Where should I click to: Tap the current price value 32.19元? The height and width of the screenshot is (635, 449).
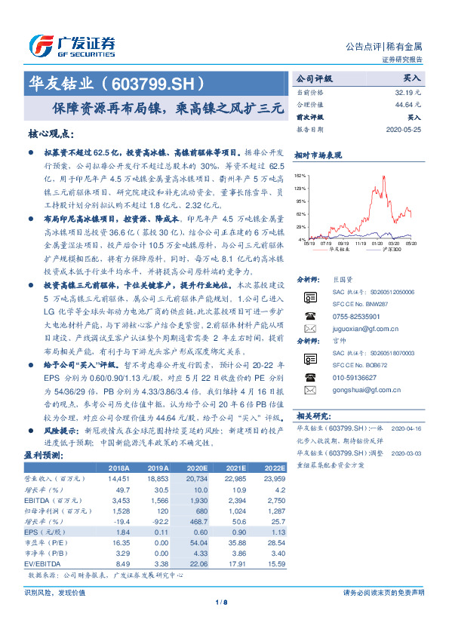tap(407, 91)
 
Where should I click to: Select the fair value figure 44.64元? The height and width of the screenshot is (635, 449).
tap(407, 105)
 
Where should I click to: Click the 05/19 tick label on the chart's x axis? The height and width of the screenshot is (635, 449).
tap(309, 244)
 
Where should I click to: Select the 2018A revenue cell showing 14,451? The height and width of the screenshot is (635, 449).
tap(120, 478)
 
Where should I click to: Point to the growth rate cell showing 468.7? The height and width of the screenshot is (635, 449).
tap(196, 520)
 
